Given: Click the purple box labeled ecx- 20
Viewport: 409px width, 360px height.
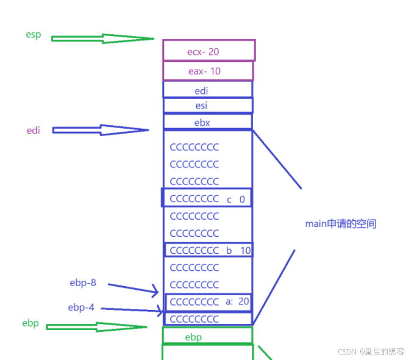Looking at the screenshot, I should [208, 51].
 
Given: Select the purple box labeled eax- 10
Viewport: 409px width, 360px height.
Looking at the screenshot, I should [208, 71].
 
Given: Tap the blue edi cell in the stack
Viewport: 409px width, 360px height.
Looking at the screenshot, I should [207, 90].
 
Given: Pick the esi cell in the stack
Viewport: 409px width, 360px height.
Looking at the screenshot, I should [207, 106].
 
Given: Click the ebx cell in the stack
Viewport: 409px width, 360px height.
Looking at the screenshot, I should [207, 121].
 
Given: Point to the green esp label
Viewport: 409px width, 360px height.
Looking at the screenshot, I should [34, 35].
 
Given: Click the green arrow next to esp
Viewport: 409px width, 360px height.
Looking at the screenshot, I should [102, 38].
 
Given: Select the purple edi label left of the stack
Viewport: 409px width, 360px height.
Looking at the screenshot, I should [34, 130].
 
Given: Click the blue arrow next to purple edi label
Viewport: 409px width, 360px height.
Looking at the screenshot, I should [101, 130].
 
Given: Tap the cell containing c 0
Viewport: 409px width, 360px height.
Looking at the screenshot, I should [207, 198].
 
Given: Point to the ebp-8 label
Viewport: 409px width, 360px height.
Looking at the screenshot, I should [82, 283].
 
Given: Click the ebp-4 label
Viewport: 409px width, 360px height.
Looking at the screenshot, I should [81, 308].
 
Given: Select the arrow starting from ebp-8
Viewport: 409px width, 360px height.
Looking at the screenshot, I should [133, 289].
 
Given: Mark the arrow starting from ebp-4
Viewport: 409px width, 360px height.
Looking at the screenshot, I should [132, 310].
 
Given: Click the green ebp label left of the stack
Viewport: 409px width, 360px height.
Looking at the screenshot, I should [30, 323].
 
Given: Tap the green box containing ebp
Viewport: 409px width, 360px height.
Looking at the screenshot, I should [207, 336].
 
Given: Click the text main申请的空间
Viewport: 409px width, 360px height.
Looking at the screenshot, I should [341, 224].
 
